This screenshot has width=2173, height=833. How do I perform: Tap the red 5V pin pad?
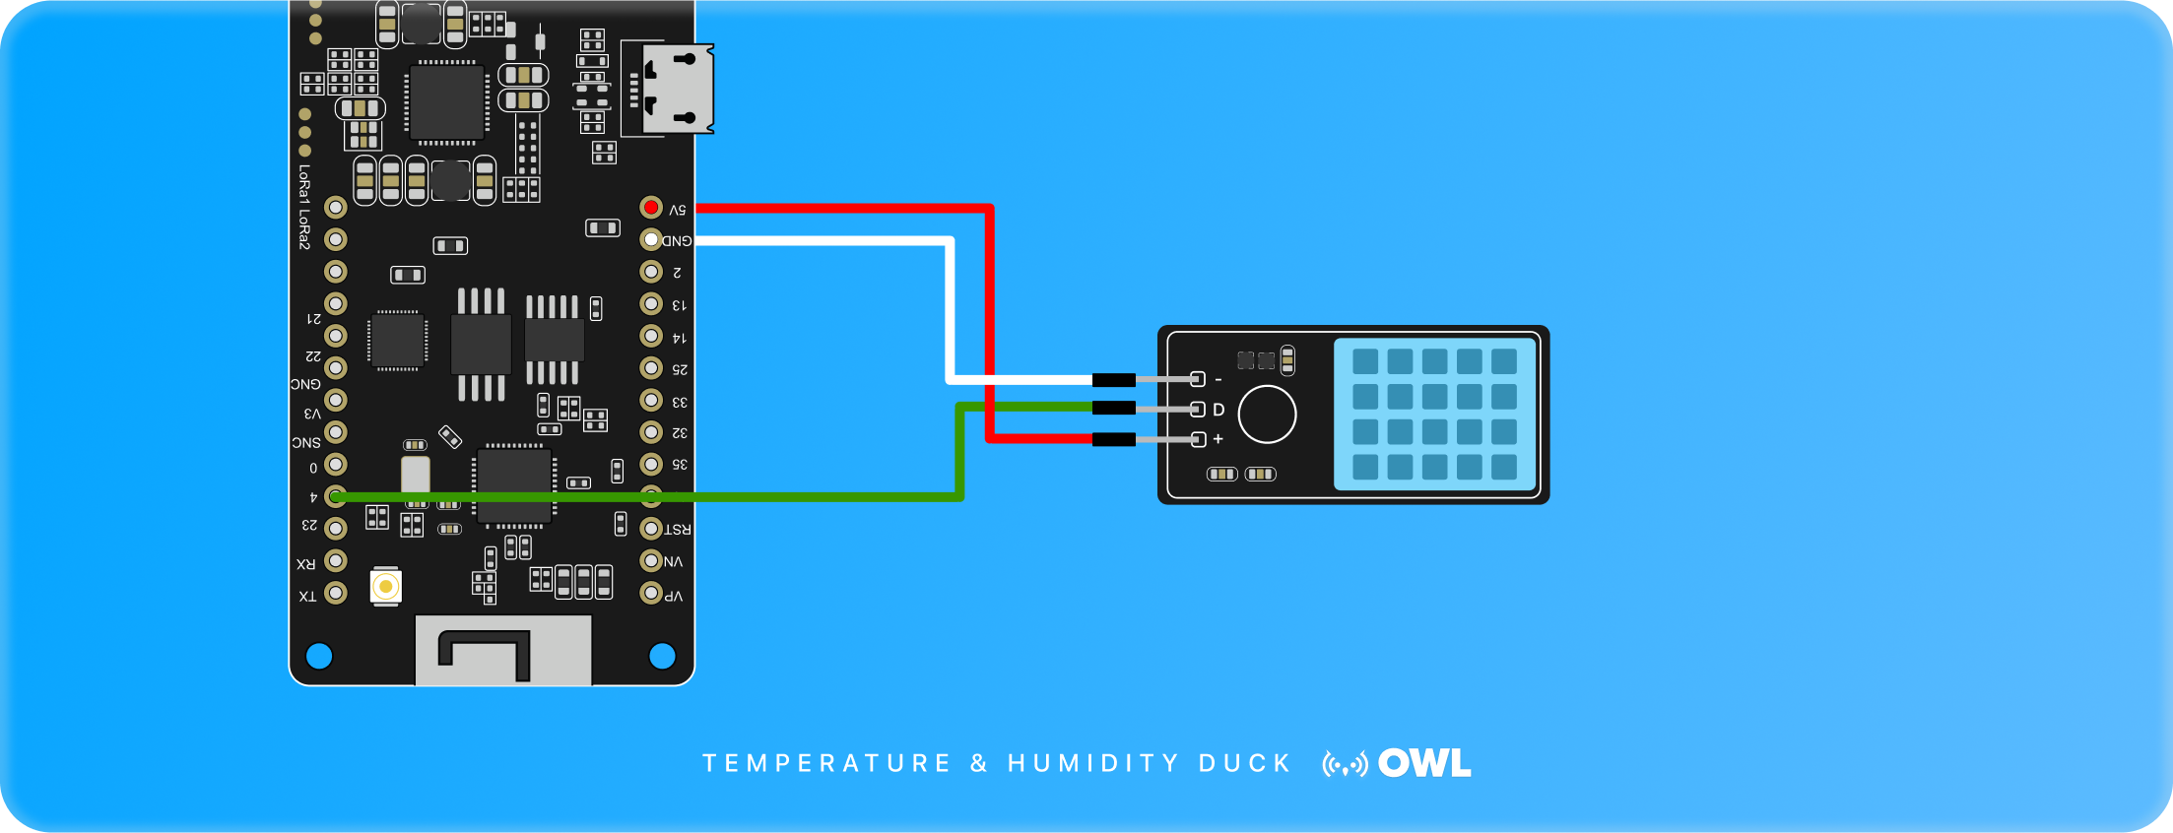coord(651,207)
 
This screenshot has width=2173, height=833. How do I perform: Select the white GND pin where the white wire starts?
coord(651,239)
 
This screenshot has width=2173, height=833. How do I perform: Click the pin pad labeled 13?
coord(651,303)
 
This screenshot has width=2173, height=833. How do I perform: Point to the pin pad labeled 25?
coord(651,367)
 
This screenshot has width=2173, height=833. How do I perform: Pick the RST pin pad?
coord(651,529)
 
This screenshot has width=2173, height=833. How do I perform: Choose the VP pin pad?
coord(651,593)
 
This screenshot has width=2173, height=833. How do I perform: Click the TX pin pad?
coord(336,593)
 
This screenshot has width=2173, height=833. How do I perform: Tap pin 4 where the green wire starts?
coord(336,496)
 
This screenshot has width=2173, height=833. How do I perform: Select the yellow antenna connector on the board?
coord(386,587)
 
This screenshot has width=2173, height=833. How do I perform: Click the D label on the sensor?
coord(1218,410)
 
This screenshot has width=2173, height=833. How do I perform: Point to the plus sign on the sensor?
coord(1218,439)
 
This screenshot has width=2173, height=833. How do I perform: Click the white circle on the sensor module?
coord(1267,415)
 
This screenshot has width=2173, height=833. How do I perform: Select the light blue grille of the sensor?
coord(1434,415)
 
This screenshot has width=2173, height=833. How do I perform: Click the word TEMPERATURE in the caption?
coord(826,763)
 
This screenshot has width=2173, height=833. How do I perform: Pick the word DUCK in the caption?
coord(1245,763)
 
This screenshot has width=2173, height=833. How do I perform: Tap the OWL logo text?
coord(1424,763)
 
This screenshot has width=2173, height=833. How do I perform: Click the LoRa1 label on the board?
coord(304,185)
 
